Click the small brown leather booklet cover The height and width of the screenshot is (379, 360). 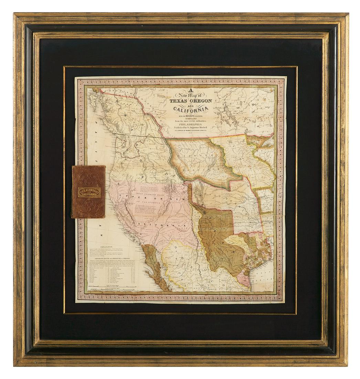tap(89, 192)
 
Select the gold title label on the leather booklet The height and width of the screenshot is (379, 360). tap(89, 192)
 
